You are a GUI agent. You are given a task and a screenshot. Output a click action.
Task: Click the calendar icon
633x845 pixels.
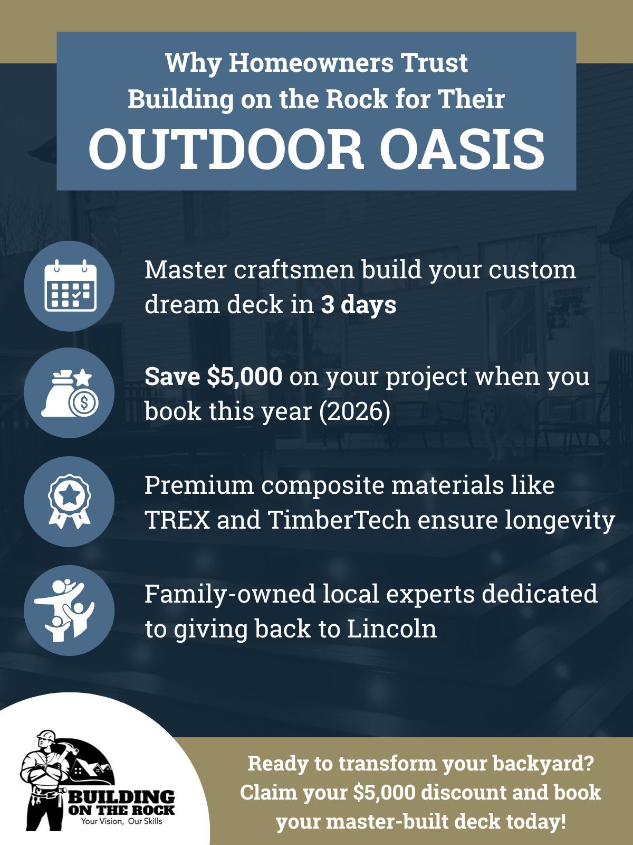click(x=69, y=286)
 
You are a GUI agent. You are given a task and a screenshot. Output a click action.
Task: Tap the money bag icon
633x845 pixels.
click(x=69, y=392)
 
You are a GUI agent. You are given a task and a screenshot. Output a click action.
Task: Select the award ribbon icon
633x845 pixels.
click(x=69, y=501)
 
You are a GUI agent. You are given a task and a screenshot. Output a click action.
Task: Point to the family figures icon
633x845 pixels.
click(x=69, y=610)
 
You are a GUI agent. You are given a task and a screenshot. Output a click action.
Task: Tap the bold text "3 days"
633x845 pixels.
click(x=359, y=305)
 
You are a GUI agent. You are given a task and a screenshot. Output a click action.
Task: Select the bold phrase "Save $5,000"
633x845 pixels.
click(x=214, y=377)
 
